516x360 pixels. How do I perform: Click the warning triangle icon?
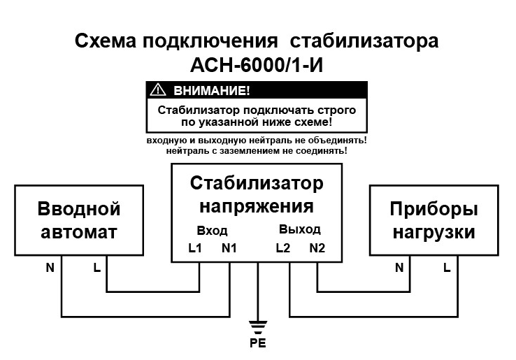[157, 90]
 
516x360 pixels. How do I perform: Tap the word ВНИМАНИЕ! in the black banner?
[212, 90]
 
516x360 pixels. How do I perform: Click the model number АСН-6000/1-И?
[257, 65]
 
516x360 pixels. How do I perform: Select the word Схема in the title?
[106, 41]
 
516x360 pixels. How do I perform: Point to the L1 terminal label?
[195, 247]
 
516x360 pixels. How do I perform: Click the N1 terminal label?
[229, 247]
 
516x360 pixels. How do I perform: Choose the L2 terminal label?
[283, 247]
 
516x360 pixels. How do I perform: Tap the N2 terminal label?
[317, 247]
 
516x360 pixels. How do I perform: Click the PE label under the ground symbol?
[258, 343]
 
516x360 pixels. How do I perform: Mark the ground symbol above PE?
[258, 327]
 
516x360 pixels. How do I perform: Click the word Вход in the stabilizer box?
[212, 231]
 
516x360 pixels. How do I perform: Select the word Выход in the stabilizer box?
[300, 229]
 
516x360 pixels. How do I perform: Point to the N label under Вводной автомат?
[50, 268]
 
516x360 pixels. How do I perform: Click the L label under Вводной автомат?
[96, 268]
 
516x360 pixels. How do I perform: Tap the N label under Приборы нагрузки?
[399, 268]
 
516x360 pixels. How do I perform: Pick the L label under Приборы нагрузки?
[447, 268]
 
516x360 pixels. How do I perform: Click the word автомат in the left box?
[79, 232]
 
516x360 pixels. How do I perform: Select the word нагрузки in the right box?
[434, 233]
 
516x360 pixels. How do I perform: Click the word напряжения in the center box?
[257, 208]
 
